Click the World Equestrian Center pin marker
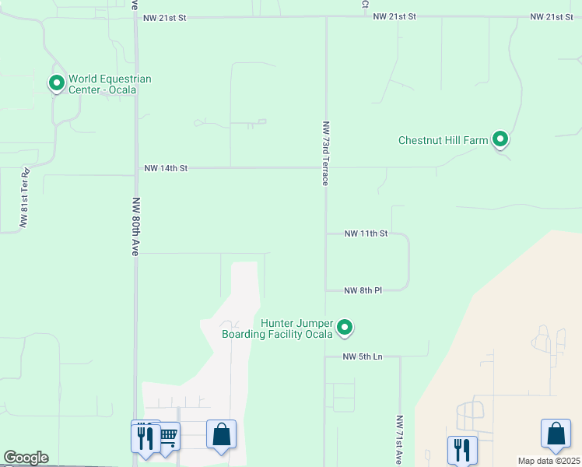coord(56,82)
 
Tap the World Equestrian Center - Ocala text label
coord(110,84)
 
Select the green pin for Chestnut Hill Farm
coord(500,139)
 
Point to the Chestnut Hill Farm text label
coord(443,141)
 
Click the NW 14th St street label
coord(167,168)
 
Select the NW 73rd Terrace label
coord(325,153)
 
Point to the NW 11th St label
coord(365,233)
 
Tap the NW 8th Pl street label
coord(363,290)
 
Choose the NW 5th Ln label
coord(363,357)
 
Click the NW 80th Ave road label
coord(135,226)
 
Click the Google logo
coord(26,458)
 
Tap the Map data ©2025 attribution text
coord(549,461)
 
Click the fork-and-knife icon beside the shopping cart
coord(145,437)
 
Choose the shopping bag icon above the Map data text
coord(556,434)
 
